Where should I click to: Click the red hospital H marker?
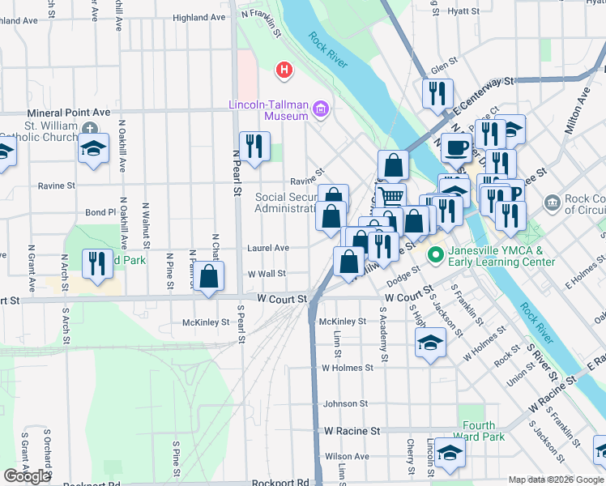tap(284, 71)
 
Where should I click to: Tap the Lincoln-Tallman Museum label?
tap(268, 110)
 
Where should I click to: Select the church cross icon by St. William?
tap(89, 127)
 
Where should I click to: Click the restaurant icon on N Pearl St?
tap(255, 146)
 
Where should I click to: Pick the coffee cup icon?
tap(455, 147)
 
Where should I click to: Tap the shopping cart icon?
tap(391, 195)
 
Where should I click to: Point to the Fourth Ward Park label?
tap(484, 431)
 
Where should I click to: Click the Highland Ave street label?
tap(198, 17)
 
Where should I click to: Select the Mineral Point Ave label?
tap(68, 113)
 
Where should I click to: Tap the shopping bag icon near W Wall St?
tap(209, 276)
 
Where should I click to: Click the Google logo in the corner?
tap(27, 476)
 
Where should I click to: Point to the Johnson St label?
tap(346, 403)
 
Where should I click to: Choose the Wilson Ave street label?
tap(347, 457)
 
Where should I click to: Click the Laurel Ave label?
tap(268, 248)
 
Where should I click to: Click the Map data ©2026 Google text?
tap(556, 480)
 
